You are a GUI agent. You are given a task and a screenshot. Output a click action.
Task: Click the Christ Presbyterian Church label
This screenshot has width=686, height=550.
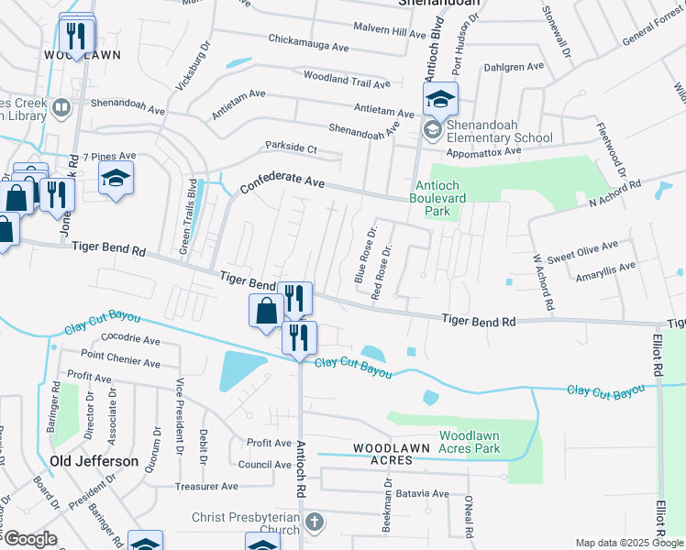pos(246,523)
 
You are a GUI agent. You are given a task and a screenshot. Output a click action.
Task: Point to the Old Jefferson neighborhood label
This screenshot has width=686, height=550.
pos(94,461)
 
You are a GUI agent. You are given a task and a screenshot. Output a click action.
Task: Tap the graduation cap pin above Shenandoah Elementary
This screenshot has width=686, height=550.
pos(440,99)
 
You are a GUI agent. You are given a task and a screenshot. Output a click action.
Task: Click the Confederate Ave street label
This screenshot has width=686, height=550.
pos(282,184)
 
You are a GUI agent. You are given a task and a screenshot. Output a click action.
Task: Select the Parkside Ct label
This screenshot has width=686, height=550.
pos(291,148)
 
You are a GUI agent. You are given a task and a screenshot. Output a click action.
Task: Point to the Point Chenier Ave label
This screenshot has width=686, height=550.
pos(120,355)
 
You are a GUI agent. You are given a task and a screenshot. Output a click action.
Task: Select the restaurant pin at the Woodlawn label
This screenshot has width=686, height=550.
pos(75,35)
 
